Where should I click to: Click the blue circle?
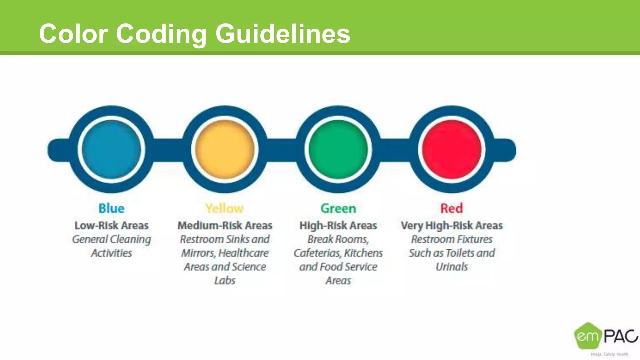(111, 149)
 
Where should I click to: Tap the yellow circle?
(225, 149)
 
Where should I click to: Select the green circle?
(338, 149)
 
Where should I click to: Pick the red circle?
(452, 149)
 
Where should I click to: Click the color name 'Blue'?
(111, 208)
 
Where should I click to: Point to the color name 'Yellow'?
(224, 208)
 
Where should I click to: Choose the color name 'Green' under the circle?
(338, 208)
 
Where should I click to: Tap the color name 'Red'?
(452, 208)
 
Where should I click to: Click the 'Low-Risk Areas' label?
(111, 225)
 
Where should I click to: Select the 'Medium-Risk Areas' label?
(225, 225)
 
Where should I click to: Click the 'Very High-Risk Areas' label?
(452, 225)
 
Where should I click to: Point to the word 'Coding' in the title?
(161, 34)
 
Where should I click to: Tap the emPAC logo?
(605, 337)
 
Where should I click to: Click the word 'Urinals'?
(452, 267)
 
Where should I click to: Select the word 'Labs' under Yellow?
(225, 281)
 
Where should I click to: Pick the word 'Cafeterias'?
(317, 253)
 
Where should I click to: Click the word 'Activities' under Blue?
(111, 253)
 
